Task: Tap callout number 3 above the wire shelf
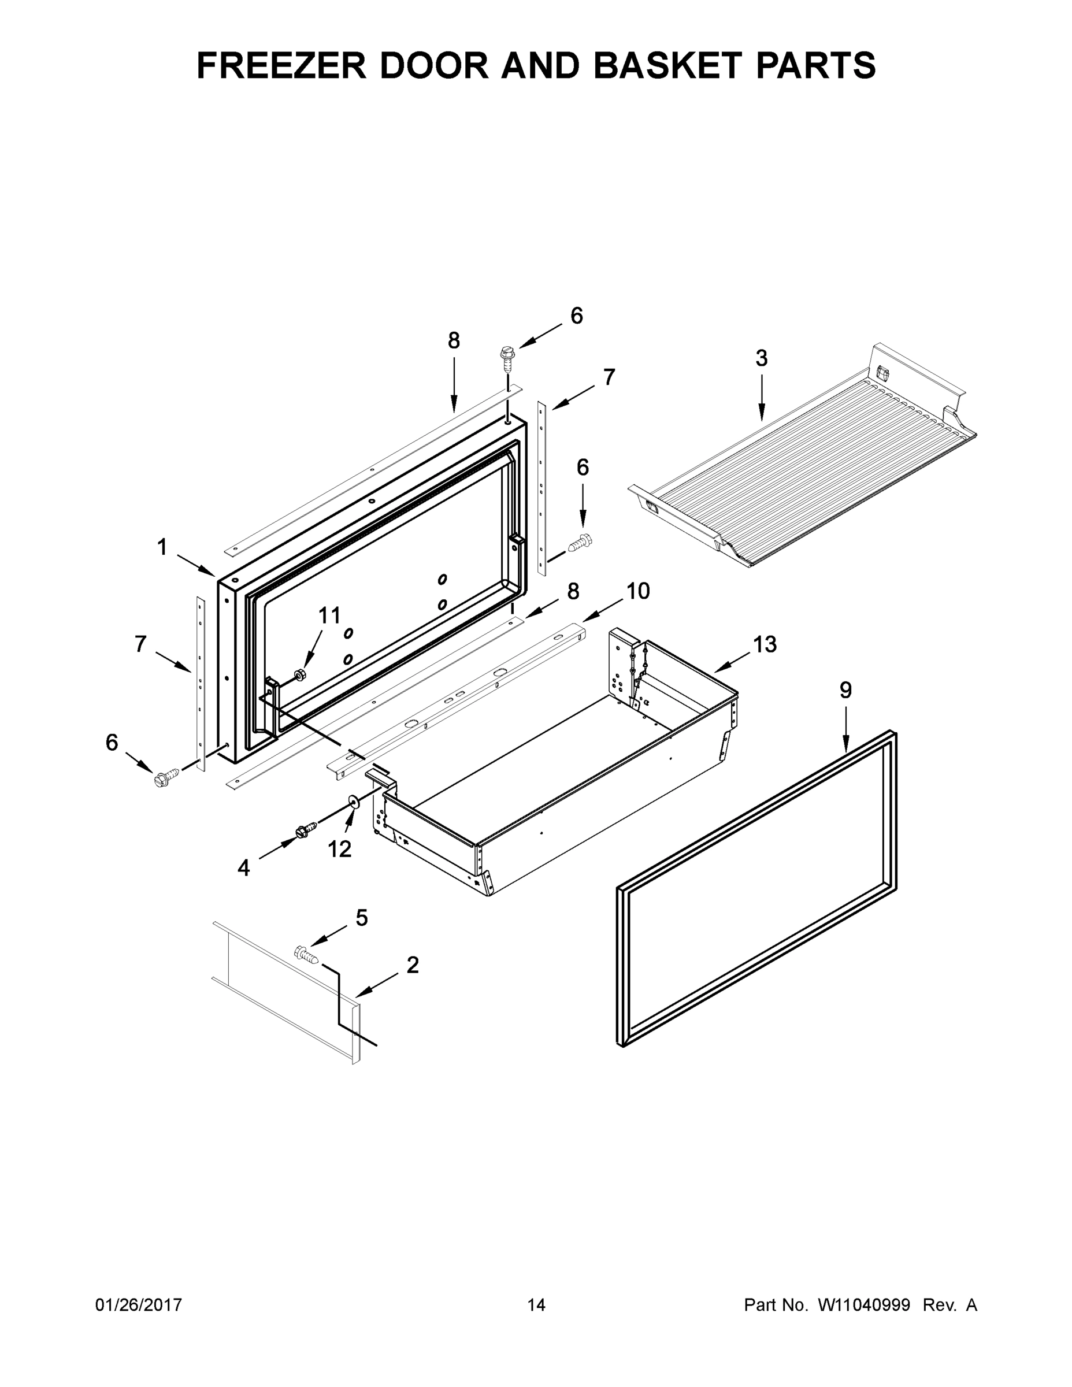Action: [761, 358]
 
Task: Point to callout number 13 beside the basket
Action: [765, 644]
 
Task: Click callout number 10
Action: [637, 591]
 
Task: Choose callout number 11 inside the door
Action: [329, 615]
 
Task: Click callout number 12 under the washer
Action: [339, 848]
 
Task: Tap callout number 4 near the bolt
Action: [244, 867]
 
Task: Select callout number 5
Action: [361, 917]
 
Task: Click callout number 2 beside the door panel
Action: [412, 965]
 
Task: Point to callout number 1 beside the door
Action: [162, 547]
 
